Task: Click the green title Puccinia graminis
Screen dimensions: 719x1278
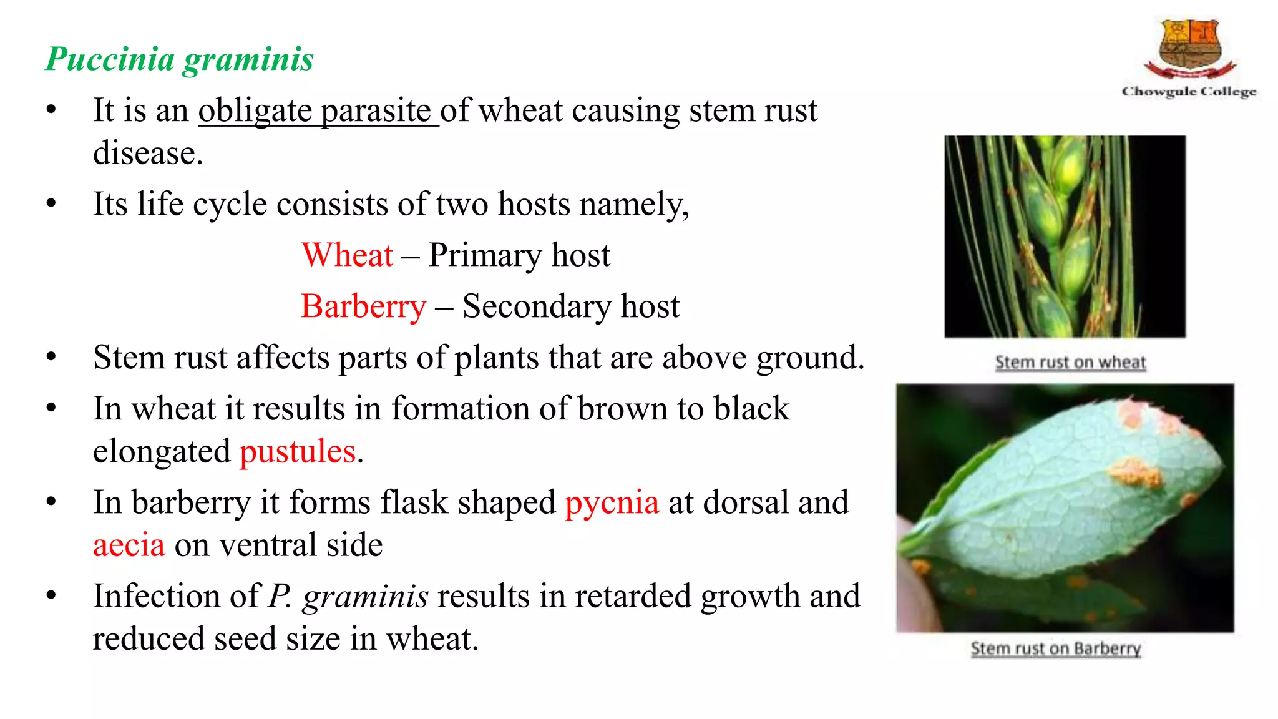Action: pos(180,60)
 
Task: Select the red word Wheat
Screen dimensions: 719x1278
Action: pos(347,255)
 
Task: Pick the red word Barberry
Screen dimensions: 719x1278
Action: pos(363,306)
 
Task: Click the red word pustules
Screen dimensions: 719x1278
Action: pos(298,451)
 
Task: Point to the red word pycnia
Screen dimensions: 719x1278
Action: pos(612,502)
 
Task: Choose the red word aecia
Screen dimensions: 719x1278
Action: pos(129,545)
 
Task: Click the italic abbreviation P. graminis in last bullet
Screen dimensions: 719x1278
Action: pos(348,596)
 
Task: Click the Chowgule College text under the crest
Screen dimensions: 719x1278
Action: pos(1189,92)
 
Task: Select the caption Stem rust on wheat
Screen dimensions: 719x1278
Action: pos(1070,362)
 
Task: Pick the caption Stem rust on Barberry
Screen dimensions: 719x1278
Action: pos(1056,648)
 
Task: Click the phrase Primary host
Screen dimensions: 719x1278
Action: pos(519,255)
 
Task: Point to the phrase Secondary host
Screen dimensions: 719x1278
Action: pos(570,306)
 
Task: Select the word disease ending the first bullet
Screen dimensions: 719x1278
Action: pos(148,154)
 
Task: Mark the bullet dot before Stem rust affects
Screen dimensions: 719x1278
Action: pos(51,358)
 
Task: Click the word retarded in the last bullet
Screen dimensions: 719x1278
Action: pos(632,596)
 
